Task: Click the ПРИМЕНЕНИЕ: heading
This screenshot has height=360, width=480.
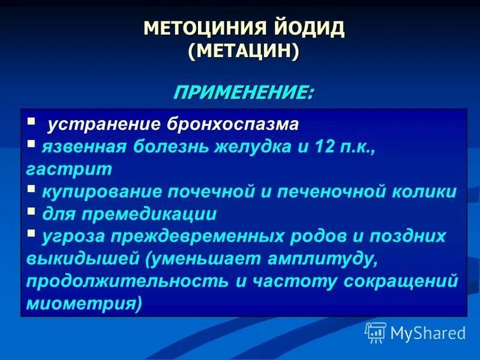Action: tap(243, 93)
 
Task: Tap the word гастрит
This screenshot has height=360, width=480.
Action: tap(69, 169)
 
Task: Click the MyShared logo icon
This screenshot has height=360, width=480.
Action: tap(376, 332)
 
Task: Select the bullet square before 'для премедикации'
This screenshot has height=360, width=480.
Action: tap(31, 212)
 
